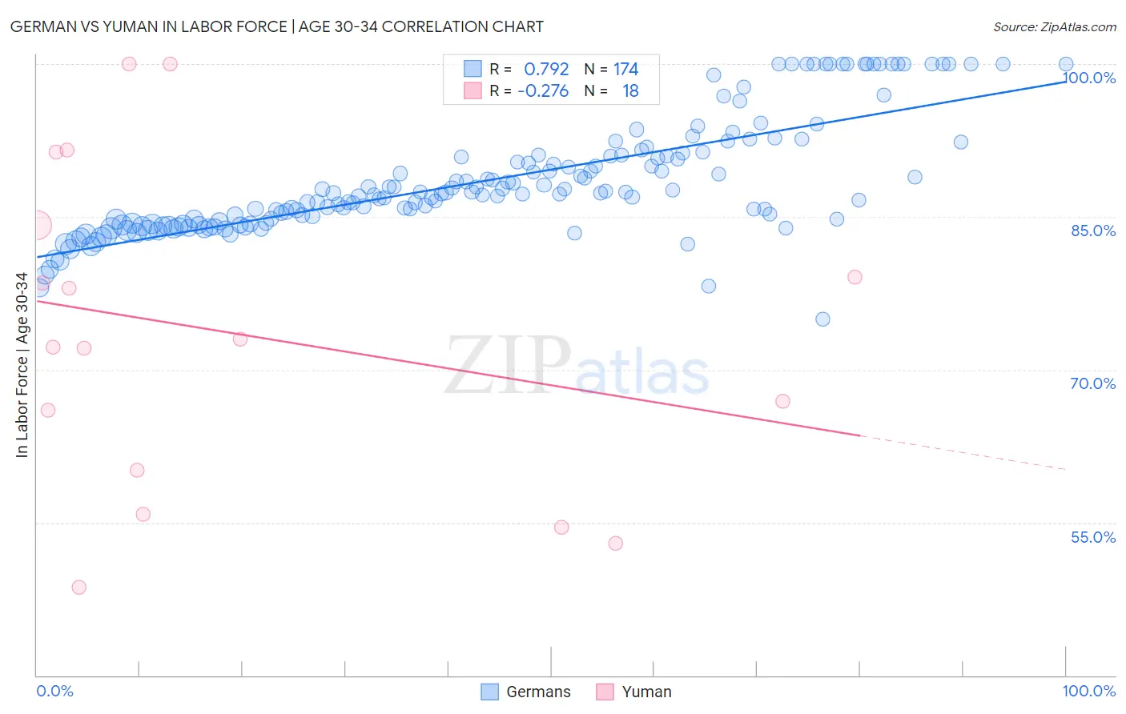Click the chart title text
276,26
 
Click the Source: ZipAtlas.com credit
1054,26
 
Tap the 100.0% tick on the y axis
1089,78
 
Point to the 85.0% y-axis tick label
1093,231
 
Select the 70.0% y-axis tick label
1093,383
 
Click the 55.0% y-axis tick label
1093,537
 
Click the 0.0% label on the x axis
54,691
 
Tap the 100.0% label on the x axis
1088,691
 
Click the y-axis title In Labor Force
22,365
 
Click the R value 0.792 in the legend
546,70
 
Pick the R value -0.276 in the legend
543,91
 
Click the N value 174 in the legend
625,70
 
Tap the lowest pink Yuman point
78,588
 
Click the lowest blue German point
822,319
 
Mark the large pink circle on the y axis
37,226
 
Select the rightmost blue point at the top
1066,64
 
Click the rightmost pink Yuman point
855,277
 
